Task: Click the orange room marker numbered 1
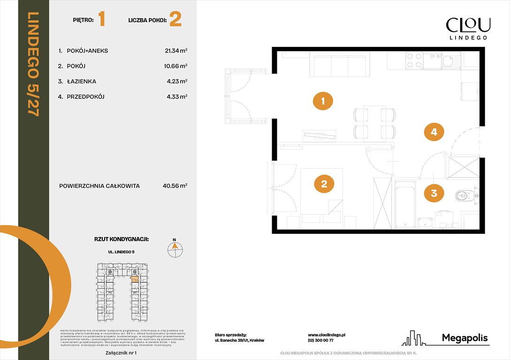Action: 323,101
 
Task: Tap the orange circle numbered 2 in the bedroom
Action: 324,184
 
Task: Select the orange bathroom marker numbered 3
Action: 434,193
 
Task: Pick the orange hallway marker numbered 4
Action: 434,132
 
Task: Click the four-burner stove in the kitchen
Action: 414,60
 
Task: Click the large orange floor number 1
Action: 101,20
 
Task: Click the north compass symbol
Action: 175,249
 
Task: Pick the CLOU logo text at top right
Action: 468,25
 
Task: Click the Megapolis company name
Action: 465,337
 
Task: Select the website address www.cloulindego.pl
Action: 327,335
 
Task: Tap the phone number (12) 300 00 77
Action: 321,340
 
